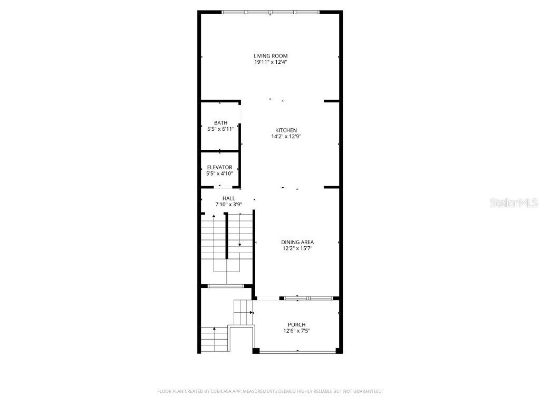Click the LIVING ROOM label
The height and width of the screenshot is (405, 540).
click(x=271, y=55)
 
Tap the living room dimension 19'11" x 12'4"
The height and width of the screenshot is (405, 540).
click(x=271, y=62)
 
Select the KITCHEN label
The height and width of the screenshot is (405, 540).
click(x=286, y=130)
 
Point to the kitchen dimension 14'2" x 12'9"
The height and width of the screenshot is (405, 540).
click(x=286, y=137)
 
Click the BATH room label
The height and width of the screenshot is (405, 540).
click(x=220, y=123)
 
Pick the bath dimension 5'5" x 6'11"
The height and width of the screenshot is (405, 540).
click(x=220, y=129)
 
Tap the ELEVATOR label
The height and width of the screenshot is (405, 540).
click(x=219, y=167)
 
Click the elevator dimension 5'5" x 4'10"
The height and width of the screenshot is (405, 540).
click(x=219, y=173)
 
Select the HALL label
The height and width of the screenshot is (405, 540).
click(x=228, y=198)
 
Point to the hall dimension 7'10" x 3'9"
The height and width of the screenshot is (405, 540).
click(x=228, y=204)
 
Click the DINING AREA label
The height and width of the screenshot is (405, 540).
click(x=297, y=242)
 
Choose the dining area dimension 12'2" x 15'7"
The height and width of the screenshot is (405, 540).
click(x=297, y=248)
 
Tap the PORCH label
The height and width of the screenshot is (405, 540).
click(x=296, y=324)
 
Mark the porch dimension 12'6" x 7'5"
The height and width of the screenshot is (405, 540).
click(x=296, y=331)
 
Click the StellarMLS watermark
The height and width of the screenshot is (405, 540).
click(x=514, y=202)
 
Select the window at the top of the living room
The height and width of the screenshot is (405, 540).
click(x=270, y=12)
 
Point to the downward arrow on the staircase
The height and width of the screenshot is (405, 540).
click(x=239, y=244)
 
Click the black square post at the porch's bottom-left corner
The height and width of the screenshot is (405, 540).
click(x=256, y=351)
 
